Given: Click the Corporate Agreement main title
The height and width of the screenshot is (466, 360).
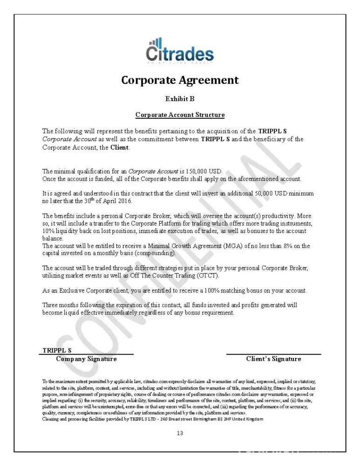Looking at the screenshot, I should [x=180, y=80].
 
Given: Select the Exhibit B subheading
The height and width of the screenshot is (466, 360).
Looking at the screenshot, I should [x=180, y=99].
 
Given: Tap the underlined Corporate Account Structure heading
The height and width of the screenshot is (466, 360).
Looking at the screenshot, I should [x=180, y=115].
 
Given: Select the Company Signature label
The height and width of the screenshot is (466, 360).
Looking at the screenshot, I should [x=86, y=359].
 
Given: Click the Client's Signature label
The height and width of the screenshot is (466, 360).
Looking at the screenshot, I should [x=273, y=359].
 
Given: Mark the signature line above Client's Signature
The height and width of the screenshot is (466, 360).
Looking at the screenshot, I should [x=273, y=355].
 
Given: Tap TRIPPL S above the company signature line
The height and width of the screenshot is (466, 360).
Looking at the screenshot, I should [x=57, y=350].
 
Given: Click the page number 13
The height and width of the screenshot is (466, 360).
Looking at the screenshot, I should [x=180, y=433].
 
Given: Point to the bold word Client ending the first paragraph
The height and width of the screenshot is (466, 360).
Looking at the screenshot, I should [x=120, y=148].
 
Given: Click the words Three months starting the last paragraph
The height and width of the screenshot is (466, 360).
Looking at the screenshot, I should [x=58, y=305].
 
